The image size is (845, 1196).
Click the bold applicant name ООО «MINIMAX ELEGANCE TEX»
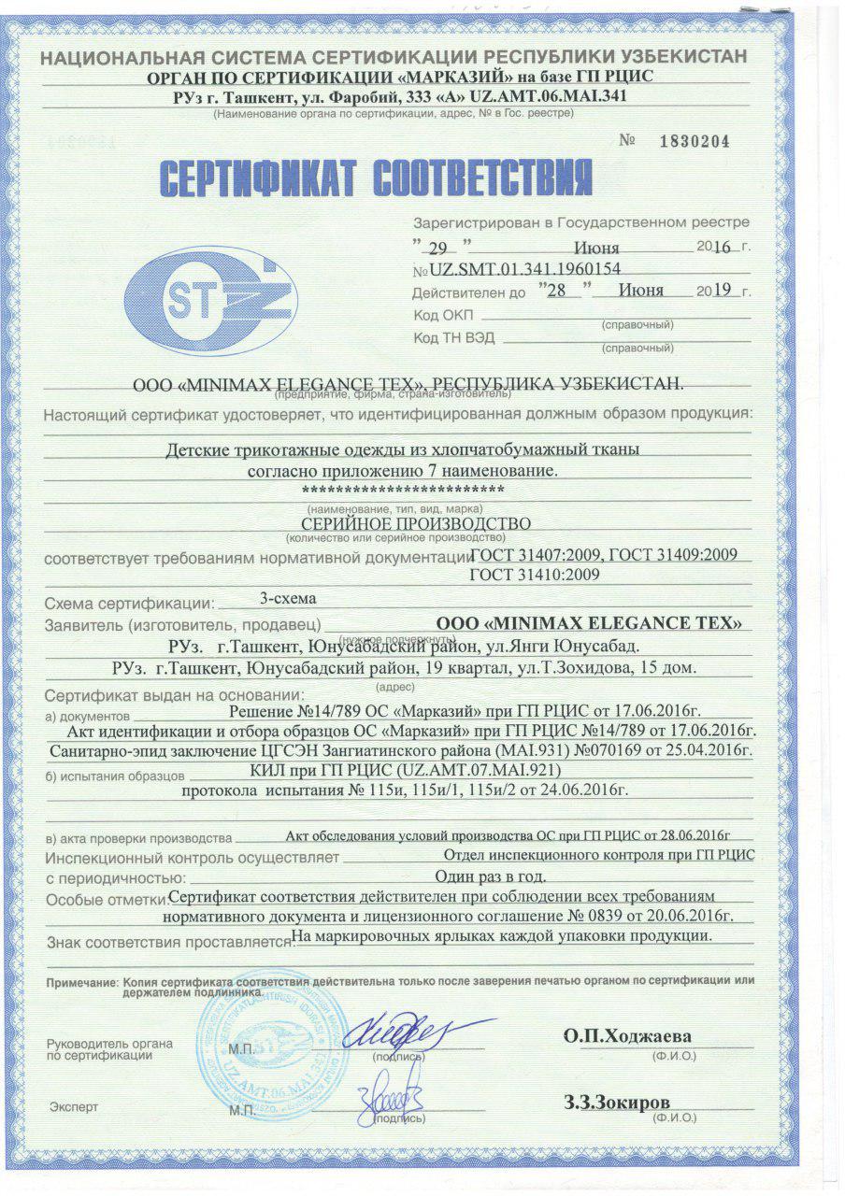click(591, 622)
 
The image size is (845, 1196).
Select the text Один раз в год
click(491, 876)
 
